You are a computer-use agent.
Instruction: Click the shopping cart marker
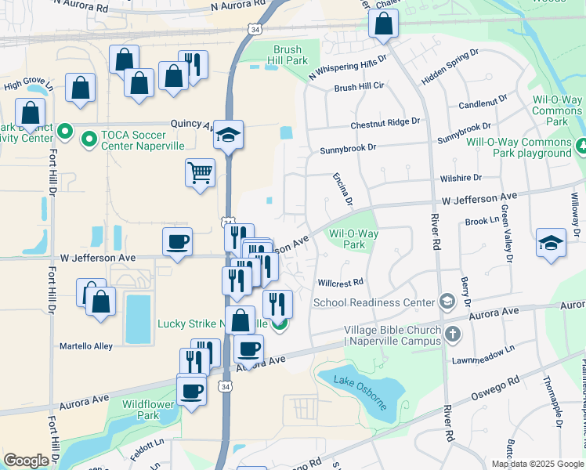(x=200, y=172)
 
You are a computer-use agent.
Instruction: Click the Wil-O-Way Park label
(x=353, y=239)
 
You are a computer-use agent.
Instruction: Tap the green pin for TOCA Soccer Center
(x=89, y=139)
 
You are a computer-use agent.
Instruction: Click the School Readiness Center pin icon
(x=447, y=302)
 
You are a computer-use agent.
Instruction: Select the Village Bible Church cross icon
(x=452, y=335)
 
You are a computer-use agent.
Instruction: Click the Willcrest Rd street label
(x=341, y=282)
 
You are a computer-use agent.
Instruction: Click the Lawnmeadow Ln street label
(x=483, y=354)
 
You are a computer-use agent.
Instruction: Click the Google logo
(x=26, y=461)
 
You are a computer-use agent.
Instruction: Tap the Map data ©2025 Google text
(x=537, y=464)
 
